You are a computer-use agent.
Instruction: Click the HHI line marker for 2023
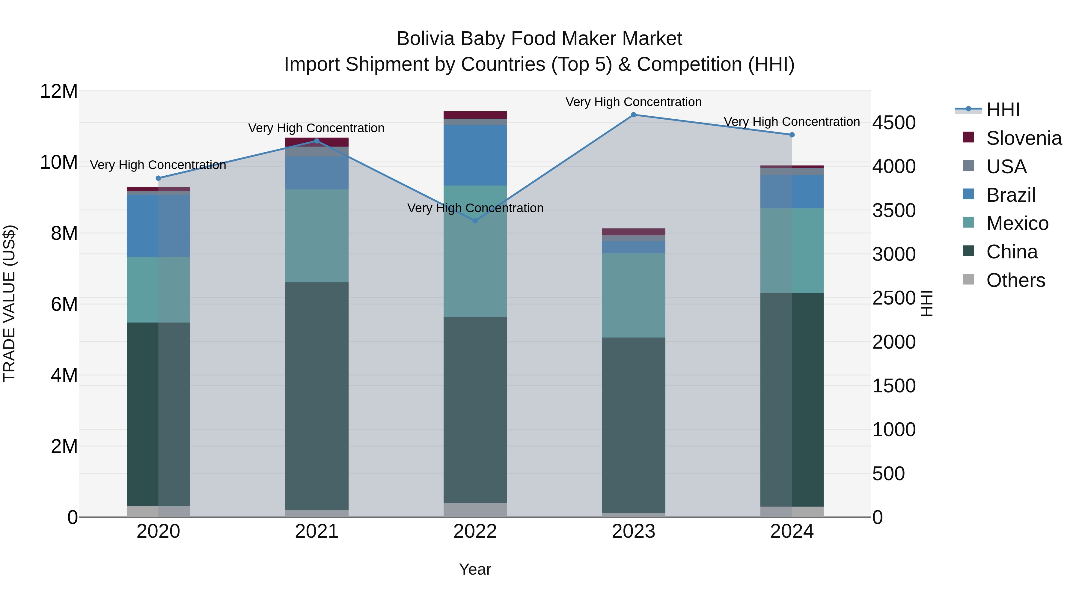633,115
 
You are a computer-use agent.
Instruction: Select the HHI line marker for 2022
475,221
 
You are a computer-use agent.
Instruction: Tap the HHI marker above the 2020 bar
158,178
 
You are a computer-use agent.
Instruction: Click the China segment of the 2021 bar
317,396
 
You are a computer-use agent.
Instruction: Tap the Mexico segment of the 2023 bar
633,295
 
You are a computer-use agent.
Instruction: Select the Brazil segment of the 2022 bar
475,155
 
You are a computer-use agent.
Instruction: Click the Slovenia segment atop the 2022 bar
475,115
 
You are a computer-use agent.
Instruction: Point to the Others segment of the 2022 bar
475,510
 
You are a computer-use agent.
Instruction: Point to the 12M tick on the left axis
59,91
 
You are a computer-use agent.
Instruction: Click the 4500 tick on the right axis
894,123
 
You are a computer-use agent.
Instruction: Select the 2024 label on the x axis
792,531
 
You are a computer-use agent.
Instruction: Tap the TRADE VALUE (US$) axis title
9,303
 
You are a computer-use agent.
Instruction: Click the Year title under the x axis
475,569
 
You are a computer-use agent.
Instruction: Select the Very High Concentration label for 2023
633,102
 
